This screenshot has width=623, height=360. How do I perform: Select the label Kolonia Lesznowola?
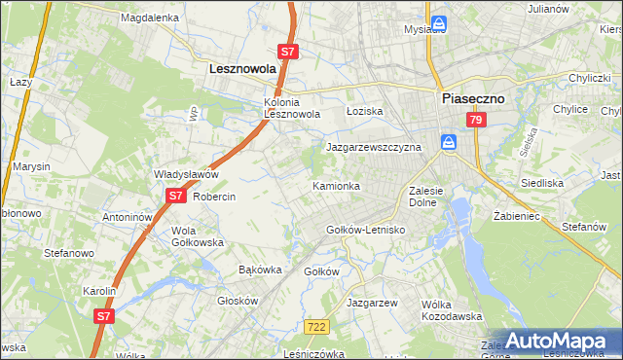(x=292, y=108)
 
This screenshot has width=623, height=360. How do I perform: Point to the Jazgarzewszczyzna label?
(x=373, y=147)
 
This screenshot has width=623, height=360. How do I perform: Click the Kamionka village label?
(x=336, y=185)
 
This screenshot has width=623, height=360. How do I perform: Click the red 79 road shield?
(x=475, y=120)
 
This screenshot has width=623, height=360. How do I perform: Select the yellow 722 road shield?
(x=313, y=329)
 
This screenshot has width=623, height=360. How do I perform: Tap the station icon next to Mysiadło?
(x=440, y=21)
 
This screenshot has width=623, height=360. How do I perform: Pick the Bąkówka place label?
(x=260, y=270)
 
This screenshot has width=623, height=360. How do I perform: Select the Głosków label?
(x=237, y=301)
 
